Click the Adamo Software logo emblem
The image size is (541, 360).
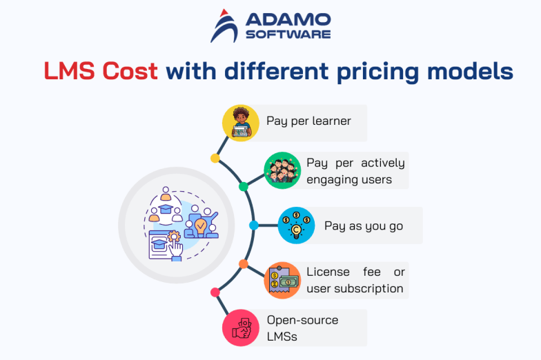click(x=226, y=26)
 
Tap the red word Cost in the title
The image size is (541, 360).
click(x=128, y=71)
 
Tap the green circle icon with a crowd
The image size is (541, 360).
click(x=282, y=170)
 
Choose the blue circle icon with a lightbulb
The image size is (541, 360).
click(x=296, y=226)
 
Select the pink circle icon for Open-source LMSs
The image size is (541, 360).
click(x=240, y=328)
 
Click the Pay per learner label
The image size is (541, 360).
click(x=308, y=121)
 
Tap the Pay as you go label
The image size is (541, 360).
click(x=364, y=226)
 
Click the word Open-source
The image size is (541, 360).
click(x=302, y=320)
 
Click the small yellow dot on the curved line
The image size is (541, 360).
click(x=215, y=159)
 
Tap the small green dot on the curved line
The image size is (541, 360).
click(x=243, y=187)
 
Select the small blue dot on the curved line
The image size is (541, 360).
click(x=253, y=226)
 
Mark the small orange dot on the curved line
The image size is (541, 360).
click(x=243, y=264)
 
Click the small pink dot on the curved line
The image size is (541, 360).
click(x=215, y=292)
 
